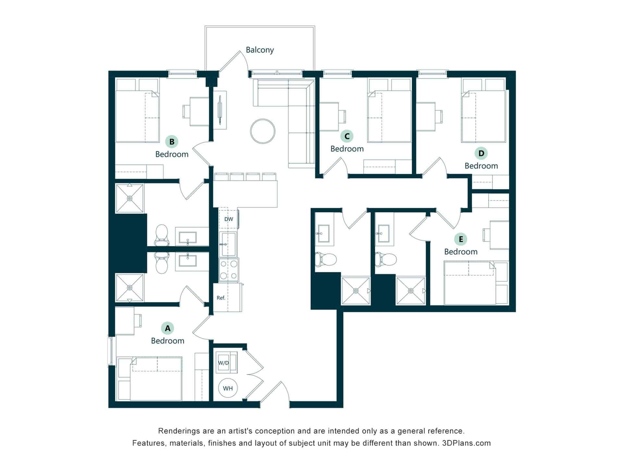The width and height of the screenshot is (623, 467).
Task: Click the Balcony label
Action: pyautogui.click(x=260, y=50)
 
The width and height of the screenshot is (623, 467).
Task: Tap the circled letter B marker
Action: pyautogui.click(x=172, y=141)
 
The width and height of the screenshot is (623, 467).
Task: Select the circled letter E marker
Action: pyautogui.click(x=460, y=239)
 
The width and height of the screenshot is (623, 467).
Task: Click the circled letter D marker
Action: pyautogui.click(x=481, y=153)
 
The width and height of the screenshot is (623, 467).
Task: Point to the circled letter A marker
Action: pyautogui.click(x=167, y=328)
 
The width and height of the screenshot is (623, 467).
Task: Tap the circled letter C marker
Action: pyautogui.click(x=347, y=136)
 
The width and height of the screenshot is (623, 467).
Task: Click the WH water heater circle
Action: pyautogui.click(x=228, y=388)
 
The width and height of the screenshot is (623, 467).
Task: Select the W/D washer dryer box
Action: pyautogui.click(x=224, y=363)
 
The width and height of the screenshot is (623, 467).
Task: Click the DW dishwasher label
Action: pyautogui.click(x=228, y=219)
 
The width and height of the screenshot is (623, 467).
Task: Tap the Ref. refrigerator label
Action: pyautogui.click(x=221, y=298)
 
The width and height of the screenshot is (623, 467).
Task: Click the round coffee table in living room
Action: pyautogui.click(x=263, y=131)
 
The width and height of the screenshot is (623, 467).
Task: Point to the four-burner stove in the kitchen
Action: pyautogui.click(x=228, y=269)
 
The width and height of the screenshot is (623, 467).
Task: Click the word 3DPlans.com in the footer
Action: pyautogui.click(x=466, y=443)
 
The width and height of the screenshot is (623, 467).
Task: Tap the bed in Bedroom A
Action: pyautogui.click(x=156, y=379)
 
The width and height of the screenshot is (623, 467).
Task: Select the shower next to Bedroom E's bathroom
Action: pyautogui.click(x=410, y=291)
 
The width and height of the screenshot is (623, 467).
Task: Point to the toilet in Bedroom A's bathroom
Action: pyautogui.click(x=162, y=263)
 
